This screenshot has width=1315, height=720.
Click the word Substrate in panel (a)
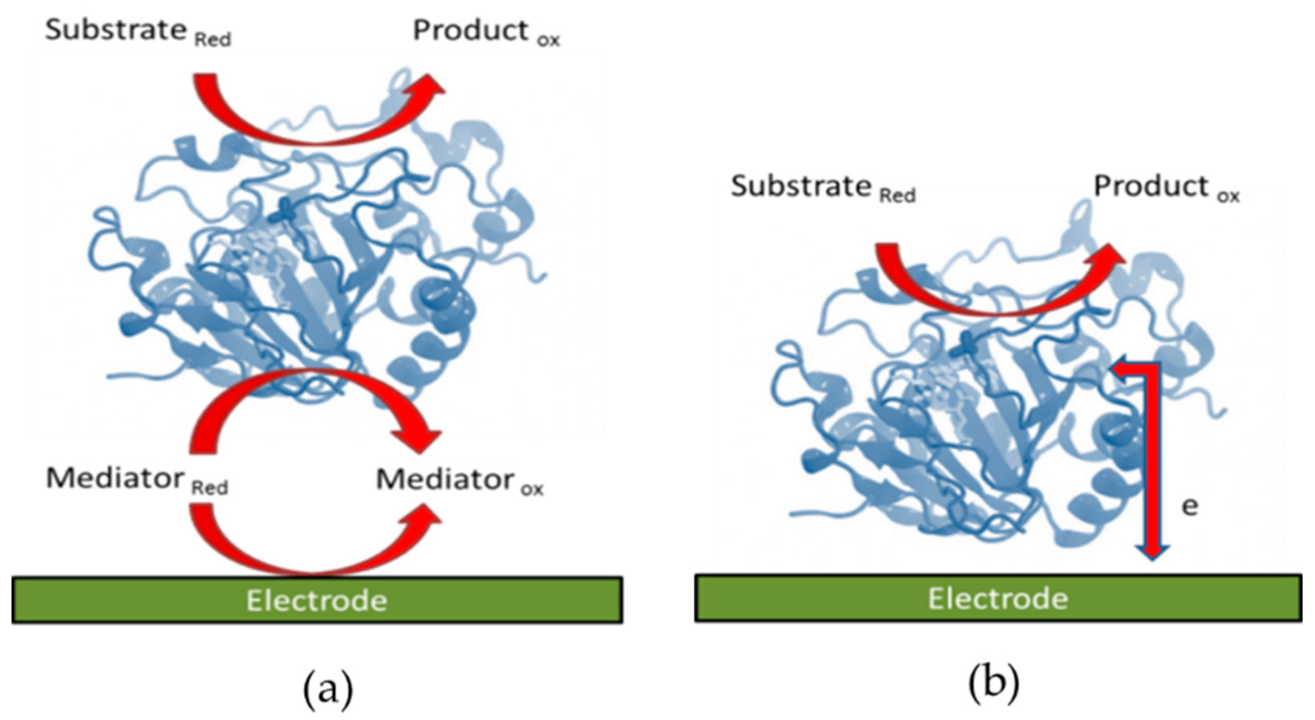(x=116, y=30)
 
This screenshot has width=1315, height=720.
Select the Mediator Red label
(x=137, y=479)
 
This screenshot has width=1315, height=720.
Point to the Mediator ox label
(x=459, y=480)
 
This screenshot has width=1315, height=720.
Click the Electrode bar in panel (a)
(x=317, y=600)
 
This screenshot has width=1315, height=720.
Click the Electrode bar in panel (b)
(x=998, y=598)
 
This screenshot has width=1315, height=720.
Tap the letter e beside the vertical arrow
(x=1190, y=506)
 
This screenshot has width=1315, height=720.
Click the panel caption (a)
(x=328, y=689)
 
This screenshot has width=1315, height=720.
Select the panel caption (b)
(x=994, y=682)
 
